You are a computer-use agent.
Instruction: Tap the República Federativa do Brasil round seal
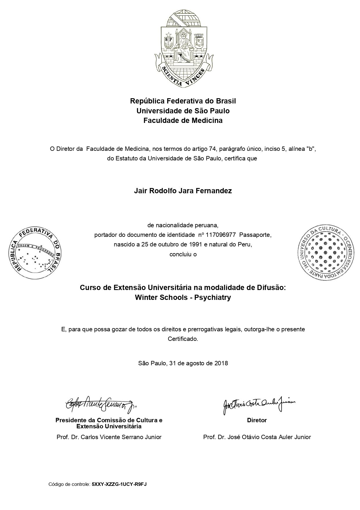[35, 252]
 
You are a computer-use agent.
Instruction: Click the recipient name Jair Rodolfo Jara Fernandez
[183, 191]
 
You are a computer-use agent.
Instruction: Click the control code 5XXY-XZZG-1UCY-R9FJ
[119, 484]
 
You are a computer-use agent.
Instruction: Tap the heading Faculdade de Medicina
[183, 121]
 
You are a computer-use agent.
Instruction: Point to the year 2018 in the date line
[221, 363]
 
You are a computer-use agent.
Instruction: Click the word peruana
[207, 225]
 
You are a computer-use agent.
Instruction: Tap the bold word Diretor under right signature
[257, 420]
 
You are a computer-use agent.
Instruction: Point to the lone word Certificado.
[183, 339]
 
